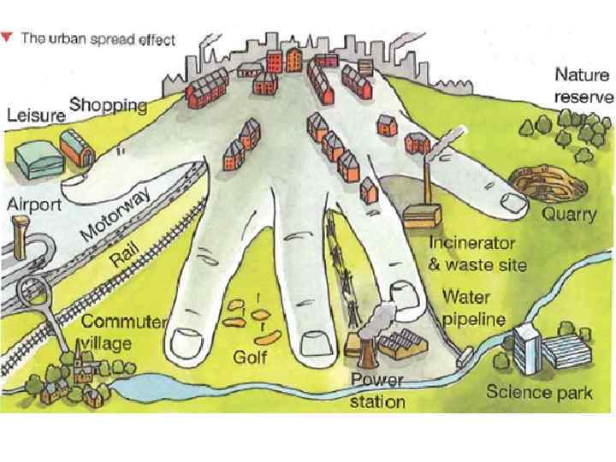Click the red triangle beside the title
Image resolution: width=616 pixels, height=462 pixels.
point(7,38)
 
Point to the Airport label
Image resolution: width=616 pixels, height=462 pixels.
point(34,205)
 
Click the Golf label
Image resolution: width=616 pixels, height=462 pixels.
point(251,354)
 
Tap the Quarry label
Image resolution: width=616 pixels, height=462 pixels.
point(571,215)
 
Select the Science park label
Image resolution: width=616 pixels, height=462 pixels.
point(539,394)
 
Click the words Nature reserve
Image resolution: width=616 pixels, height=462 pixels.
point(583,86)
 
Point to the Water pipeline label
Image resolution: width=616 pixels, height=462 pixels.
point(474,309)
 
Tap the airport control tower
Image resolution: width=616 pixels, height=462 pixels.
point(18,231)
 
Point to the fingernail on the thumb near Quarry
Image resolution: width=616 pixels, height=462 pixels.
point(513,202)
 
